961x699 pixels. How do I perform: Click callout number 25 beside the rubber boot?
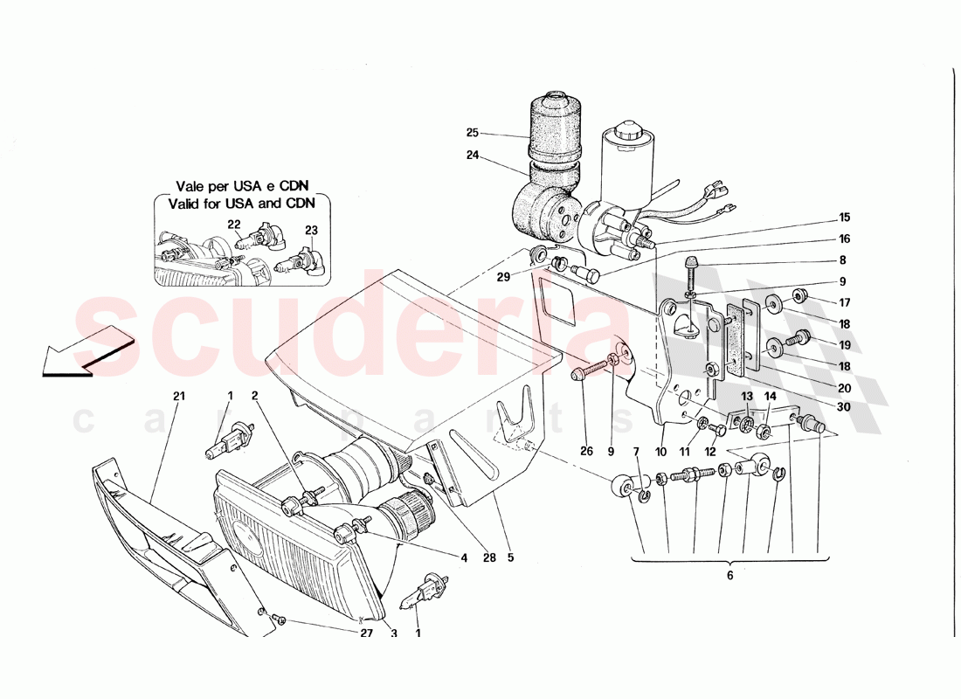coord(472,134)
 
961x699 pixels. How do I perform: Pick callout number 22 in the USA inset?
coord(234,225)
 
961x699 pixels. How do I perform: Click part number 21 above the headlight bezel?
coord(179,397)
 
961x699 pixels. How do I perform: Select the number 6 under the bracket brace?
coord(729,576)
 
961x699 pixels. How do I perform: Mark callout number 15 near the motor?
coord(844,218)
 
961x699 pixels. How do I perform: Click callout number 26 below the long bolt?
coord(585,452)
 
